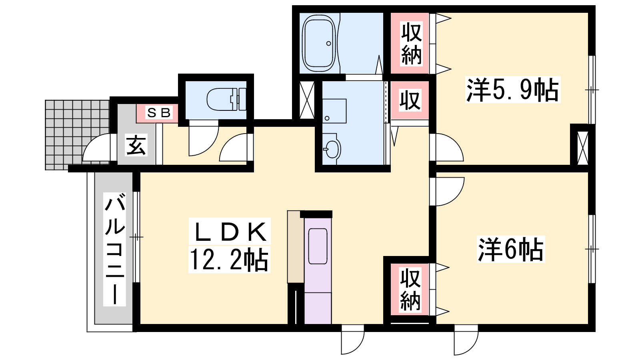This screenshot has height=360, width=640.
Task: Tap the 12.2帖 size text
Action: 229,260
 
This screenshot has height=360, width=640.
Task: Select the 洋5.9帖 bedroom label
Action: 512,90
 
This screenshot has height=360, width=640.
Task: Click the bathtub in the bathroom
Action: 319,43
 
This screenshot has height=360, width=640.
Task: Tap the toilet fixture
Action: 226,99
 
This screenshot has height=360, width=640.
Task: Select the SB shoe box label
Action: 159,113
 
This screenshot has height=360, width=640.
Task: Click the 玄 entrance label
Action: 136,145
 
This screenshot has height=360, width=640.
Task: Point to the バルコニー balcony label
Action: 114,249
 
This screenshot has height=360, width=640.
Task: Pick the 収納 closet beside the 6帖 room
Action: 410,289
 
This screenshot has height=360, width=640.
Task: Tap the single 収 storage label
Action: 410,100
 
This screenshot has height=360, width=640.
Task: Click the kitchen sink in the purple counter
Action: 318,246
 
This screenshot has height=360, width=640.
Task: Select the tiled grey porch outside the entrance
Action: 78,135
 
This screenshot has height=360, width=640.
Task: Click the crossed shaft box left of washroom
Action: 307,100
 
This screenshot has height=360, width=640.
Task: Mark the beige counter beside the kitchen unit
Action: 296,247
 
